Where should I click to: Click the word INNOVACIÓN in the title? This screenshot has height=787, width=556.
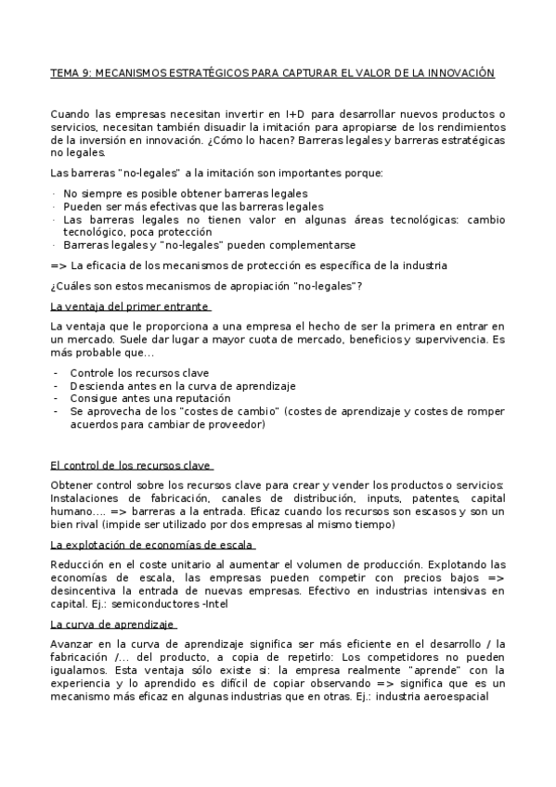point(460,72)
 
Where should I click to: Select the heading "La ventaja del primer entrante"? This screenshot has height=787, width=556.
point(130,307)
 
